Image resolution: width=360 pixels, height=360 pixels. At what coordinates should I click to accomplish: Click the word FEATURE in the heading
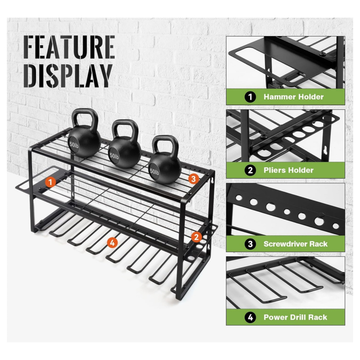click(69, 47)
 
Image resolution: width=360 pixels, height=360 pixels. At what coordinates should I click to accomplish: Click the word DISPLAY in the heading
click(68, 76)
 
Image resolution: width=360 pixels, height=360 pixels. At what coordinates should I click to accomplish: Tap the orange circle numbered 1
click(50, 182)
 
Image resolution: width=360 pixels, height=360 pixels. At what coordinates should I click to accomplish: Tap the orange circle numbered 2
click(196, 237)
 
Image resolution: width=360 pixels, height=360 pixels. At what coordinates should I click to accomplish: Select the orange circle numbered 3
click(193, 179)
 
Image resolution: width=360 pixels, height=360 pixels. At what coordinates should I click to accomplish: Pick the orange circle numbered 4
click(112, 243)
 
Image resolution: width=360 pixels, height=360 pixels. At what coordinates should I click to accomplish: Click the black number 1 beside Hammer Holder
click(250, 97)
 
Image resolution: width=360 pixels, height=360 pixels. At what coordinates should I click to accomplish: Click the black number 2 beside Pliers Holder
click(250, 171)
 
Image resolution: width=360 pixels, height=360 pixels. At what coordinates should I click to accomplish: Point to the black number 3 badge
click(250, 244)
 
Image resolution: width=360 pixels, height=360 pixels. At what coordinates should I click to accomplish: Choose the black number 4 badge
click(250, 317)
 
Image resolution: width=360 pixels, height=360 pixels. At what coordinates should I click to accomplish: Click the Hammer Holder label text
click(293, 97)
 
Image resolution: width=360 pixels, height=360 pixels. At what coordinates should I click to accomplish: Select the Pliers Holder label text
click(288, 171)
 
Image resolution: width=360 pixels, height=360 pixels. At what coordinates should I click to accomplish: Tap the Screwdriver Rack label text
click(296, 244)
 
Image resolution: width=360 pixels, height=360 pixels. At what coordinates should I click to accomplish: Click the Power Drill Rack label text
click(295, 317)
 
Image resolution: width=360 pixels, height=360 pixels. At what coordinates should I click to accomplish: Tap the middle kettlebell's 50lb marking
click(114, 156)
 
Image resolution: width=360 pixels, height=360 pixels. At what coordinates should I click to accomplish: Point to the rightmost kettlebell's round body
click(165, 168)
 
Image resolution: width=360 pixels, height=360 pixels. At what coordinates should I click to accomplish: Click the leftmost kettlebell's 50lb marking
click(74, 144)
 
